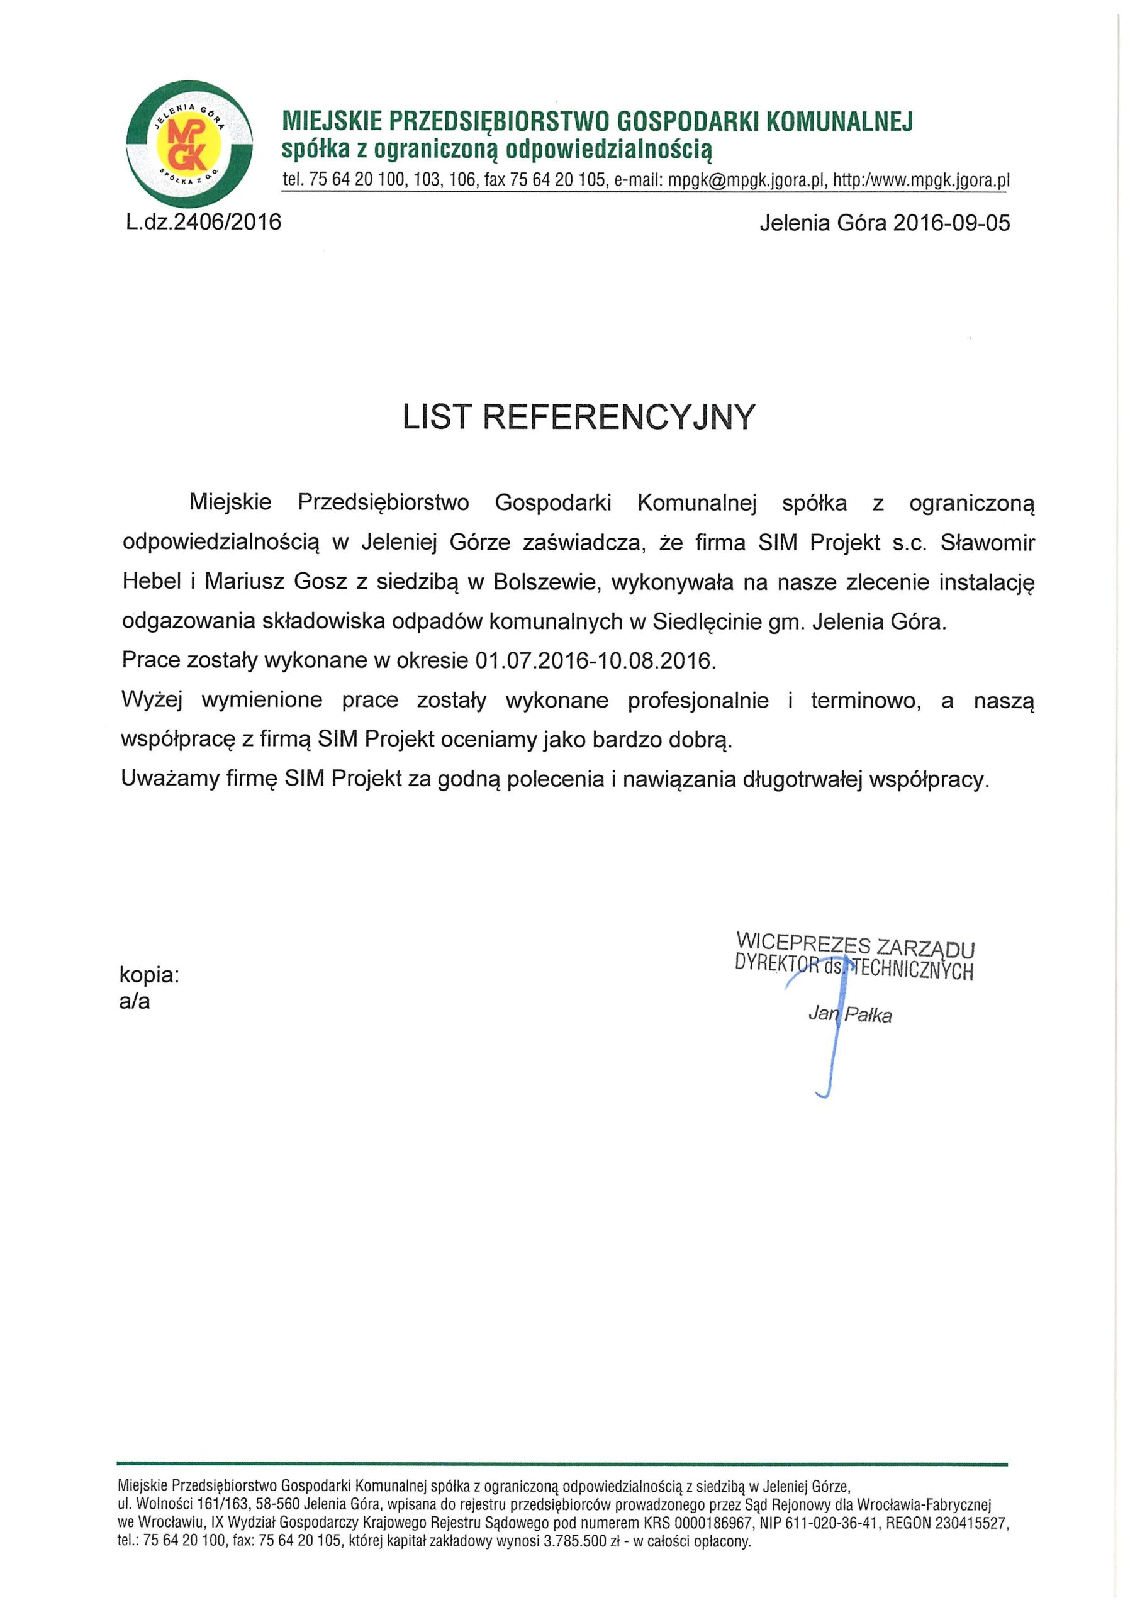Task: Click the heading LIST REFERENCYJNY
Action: [579, 417]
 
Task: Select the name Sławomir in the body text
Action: [987, 543]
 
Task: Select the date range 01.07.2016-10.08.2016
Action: [596, 661]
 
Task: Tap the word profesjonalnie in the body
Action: [698, 701]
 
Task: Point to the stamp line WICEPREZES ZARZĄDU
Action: [856, 945]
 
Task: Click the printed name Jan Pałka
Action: [850, 1014]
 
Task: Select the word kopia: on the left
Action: [149, 975]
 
